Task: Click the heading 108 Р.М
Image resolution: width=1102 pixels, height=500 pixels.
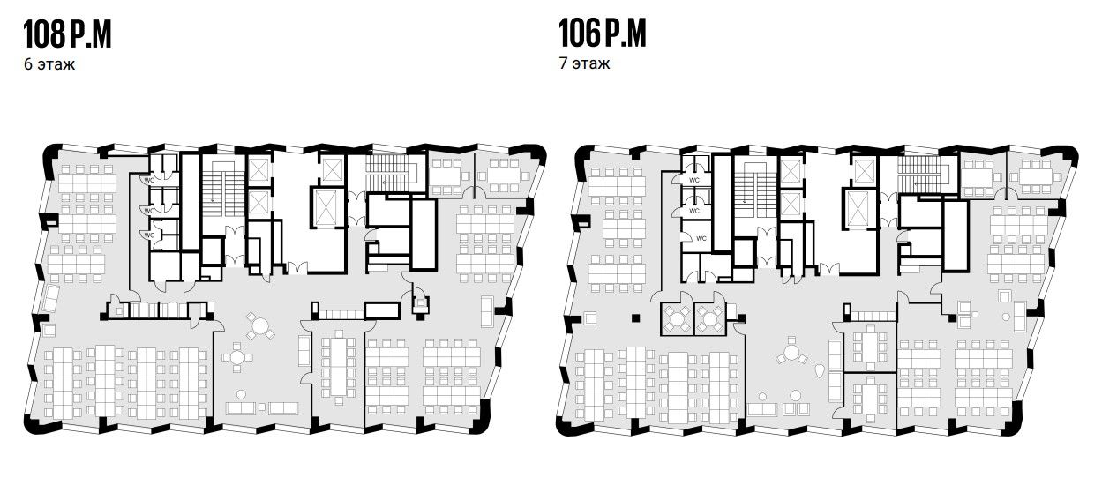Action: (67, 34)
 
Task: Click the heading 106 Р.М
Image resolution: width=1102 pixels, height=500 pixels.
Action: (602, 34)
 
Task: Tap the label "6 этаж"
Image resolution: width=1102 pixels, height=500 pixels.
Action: (49, 64)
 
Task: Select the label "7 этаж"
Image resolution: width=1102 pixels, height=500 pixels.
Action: (584, 63)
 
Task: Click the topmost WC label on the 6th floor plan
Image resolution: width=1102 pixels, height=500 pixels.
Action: (149, 181)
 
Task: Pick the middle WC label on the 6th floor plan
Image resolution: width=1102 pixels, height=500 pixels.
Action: (149, 211)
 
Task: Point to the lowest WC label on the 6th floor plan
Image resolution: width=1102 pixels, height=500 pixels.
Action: (149, 235)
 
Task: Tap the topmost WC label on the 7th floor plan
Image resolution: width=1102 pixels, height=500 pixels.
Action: (693, 181)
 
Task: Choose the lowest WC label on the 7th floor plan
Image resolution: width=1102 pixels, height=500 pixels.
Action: (701, 238)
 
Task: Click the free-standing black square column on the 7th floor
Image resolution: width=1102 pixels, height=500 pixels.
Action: (636, 318)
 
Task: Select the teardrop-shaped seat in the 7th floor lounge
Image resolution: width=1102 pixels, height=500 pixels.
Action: (819, 370)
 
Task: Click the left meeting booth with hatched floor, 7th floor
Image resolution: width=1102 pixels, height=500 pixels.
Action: (677, 319)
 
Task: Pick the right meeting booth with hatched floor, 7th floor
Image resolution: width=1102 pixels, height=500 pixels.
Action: (710, 319)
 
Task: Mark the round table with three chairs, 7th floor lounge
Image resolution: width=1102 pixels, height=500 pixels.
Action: (791, 353)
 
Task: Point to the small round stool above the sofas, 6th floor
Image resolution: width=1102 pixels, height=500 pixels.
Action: (241, 394)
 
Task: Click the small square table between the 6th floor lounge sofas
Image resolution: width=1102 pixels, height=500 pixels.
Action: (262, 407)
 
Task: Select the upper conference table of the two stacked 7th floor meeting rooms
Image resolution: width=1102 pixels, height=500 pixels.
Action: (870, 347)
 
